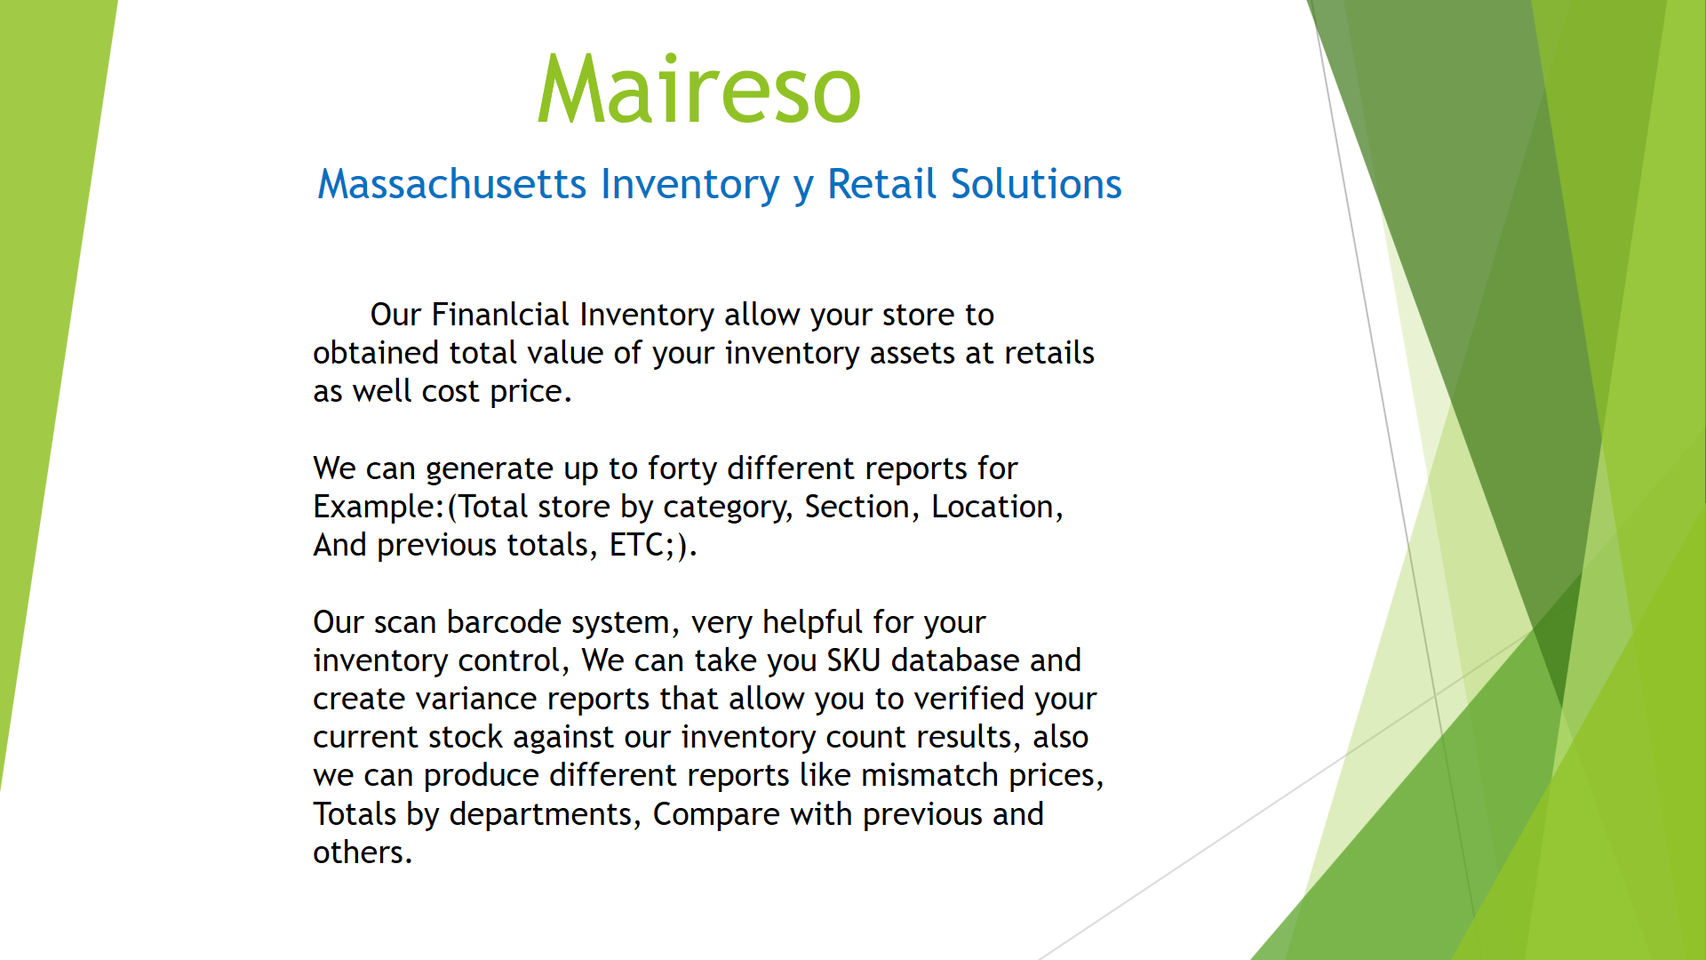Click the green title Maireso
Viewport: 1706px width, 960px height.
(x=699, y=89)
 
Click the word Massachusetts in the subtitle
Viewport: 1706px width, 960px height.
(x=452, y=184)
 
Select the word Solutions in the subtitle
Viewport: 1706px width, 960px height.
(x=1036, y=184)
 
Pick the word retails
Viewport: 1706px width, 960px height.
(x=1049, y=353)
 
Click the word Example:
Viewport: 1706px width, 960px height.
(x=379, y=507)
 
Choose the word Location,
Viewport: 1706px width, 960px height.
(x=997, y=507)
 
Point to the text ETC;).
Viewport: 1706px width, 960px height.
(x=653, y=545)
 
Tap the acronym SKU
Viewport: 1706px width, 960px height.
(x=853, y=660)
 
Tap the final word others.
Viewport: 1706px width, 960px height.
(x=363, y=852)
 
